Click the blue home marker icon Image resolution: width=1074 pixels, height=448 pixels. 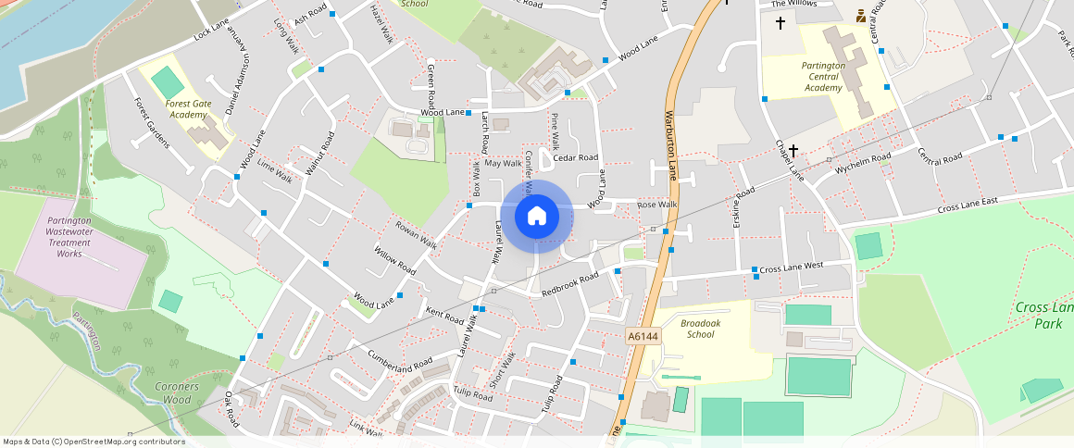click(x=536, y=217)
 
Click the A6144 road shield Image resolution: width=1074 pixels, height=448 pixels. click(x=643, y=337)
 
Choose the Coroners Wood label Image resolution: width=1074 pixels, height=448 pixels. click(x=172, y=392)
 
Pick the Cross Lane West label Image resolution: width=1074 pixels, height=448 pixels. click(x=792, y=267)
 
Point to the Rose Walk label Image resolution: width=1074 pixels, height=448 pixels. click(x=657, y=205)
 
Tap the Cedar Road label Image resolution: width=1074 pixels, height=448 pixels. click(x=576, y=158)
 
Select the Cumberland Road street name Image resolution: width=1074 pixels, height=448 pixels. click(x=401, y=362)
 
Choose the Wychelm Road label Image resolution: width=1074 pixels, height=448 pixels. click(x=863, y=164)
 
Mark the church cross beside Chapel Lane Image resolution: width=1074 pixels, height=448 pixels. click(x=793, y=150)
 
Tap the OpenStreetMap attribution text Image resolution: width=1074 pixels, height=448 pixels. click(x=94, y=442)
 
